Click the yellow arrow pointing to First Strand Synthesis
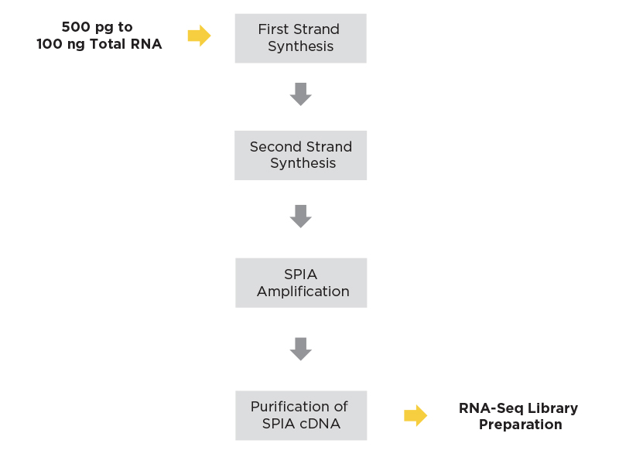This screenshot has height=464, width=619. [199, 36]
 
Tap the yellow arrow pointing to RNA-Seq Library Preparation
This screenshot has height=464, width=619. [416, 415]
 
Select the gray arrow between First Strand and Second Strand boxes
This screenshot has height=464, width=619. [300, 94]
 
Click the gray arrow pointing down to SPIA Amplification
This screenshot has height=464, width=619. [300, 217]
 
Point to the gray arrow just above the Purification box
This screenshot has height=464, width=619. [300, 350]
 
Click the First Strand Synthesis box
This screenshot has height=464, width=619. [300, 38]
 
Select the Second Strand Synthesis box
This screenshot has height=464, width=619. [300, 155]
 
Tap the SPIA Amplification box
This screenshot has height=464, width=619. [301, 283]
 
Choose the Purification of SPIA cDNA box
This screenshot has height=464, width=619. [301, 415]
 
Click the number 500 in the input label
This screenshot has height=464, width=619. [76, 27]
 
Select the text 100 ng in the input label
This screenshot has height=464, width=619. [60, 44]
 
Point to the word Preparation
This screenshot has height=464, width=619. [520, 425]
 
